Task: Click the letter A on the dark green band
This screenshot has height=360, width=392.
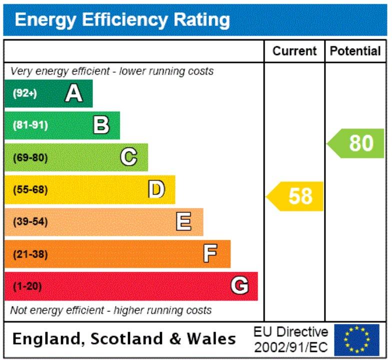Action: pyautogui.click(x=74, y=93)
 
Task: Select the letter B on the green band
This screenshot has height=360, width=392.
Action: pyautogui.click(x=101, y=125)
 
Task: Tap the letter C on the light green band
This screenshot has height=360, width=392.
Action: pyautogui.click(x=129, y=157)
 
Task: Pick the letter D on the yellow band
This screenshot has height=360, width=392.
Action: pyautogui.click(x=156, y=189)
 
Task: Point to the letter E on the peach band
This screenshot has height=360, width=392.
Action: pyautogui.click(x=184, y=221)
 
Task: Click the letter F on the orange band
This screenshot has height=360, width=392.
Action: pyautogui.click(x=210, y=253)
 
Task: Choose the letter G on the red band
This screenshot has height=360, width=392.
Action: pyautogui.click(x=239, y=285)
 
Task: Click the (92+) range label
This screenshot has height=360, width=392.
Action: pyautogui.click(x=25, y=93)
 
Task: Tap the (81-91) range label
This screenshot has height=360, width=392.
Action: pyautogui.click(x=30, y=125)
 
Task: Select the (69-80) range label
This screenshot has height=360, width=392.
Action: pyautogui.click(x=30, y=157)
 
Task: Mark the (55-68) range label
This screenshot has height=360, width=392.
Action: pyautogui.click(x=30, y=189)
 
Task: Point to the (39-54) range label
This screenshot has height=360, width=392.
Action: pyautogui.click(x=30, y=221)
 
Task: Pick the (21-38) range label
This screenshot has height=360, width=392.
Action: pyautogui.click(x=30, y=254)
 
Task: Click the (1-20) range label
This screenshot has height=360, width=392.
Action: pyautogui.click(x=27, y=286)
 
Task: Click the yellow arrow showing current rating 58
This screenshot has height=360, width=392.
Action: pyautogui.click(x=294, y=196)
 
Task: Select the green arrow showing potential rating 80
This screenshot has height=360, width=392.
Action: pyautogui.click(x=355, y=143)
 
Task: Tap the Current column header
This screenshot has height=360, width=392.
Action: pyautogui.click(x=294, y=51)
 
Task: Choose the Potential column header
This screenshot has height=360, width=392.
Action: pyautogui.click(x=355, y=51)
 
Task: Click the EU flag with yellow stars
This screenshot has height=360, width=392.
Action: pyautogui.click(x=357, y=340)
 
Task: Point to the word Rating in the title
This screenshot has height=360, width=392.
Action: pyautogui.click(x=202, y=20)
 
